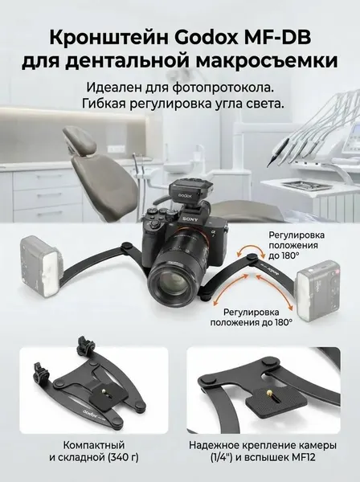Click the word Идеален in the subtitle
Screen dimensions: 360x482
point(111,88)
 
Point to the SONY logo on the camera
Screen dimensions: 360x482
point(190,219)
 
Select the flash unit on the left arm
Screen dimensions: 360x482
point(39,266)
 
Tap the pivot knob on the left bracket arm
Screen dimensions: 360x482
point(126,247)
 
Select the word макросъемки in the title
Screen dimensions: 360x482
point(268,61)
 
